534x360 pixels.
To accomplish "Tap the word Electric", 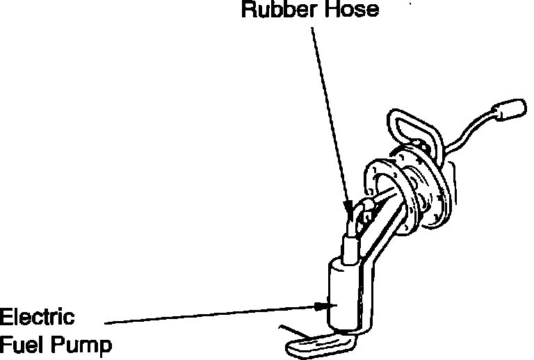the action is (37, 319).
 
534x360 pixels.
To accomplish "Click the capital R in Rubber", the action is (248, 10).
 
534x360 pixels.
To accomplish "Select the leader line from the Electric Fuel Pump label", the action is (209, 313).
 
